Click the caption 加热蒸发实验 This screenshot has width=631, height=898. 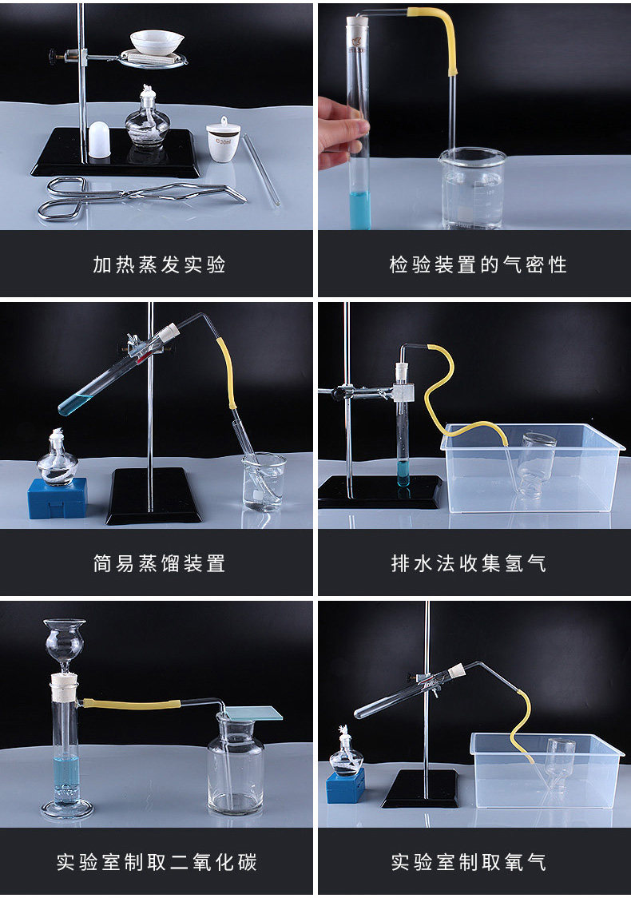coord(159,264)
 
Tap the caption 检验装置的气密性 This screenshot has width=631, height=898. coord(478,264)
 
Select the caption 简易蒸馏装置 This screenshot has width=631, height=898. coord(159,563)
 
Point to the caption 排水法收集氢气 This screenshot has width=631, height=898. coord(468,563)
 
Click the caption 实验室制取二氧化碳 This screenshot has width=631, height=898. coord(157,862)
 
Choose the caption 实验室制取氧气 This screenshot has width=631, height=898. coord(468,862)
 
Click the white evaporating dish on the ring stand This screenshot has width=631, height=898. coord(157,42)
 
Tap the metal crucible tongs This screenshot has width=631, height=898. coord(141,197)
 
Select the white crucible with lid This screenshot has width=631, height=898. coord(224,141)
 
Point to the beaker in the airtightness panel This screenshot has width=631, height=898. coord(473,189)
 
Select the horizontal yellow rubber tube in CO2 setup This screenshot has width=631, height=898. coord(132,704)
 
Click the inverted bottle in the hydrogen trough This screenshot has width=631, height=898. coord(537,464)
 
